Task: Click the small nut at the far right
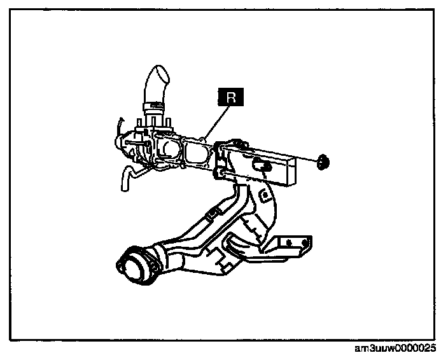pos(323,163)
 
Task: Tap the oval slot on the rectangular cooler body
pos(260,165)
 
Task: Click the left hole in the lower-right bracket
pos(288,242)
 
